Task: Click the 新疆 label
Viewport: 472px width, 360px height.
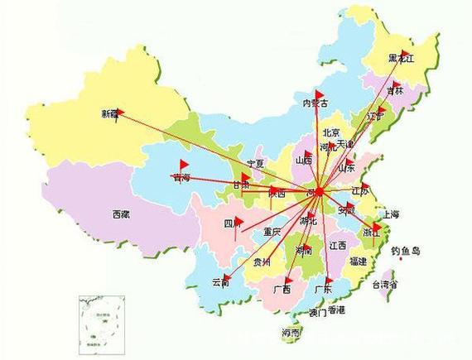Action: pos(109,113)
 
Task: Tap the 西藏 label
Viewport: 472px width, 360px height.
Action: pos(121,214)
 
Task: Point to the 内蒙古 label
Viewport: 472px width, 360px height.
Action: pos(315,103)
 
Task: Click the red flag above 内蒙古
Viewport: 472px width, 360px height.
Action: pos(317,94)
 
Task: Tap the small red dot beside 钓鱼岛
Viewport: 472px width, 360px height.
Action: pos(401,258)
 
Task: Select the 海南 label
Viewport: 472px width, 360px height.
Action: pos(291,333)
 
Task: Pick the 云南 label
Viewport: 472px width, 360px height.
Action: pos(221,281)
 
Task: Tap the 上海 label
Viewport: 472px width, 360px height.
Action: pos(389,214)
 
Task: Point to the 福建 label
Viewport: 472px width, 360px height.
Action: pos(358,261)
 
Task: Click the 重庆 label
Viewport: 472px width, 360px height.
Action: pos(272,231)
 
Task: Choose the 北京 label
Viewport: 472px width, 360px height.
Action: pos(330,132)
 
